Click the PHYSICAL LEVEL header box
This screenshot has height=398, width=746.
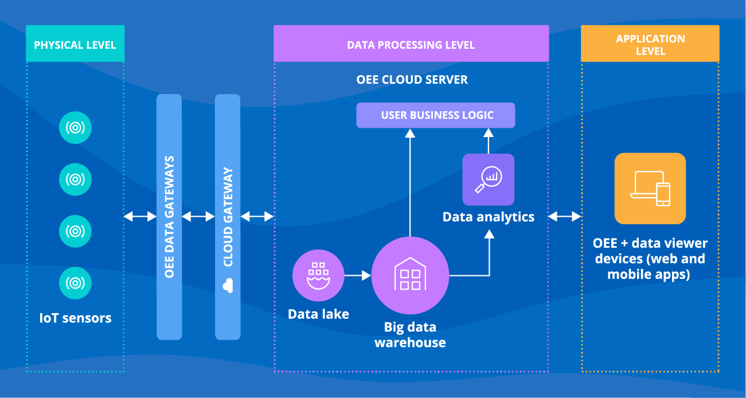75,44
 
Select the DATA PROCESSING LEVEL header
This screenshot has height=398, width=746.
411,44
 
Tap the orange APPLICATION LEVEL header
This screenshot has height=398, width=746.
650,44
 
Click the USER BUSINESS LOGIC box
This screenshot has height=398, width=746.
436,115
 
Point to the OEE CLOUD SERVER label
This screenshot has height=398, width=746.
412,80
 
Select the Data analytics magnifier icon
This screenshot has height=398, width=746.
489,180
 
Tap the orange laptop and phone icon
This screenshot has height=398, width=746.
650,188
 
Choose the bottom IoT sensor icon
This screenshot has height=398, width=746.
75,282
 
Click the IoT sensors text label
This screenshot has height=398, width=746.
75,318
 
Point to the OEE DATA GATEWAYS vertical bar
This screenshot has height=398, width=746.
169,217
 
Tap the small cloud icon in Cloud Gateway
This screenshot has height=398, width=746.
228,284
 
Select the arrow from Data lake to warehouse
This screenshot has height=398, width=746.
358,276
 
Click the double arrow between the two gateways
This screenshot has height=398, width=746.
198,217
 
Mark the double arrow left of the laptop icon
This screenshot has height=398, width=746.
565,217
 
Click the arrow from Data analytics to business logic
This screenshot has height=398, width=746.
489,141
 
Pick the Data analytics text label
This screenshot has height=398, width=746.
489,217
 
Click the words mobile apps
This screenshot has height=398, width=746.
649,274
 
